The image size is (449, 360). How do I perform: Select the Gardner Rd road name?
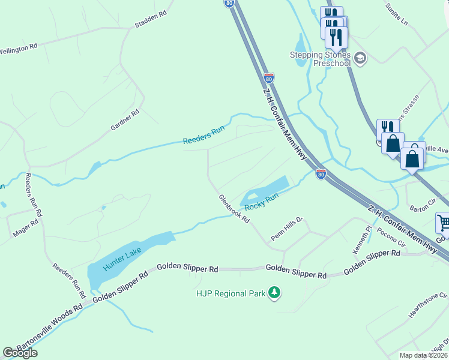coord(125,120)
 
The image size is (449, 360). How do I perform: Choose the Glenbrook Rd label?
coord(234,209)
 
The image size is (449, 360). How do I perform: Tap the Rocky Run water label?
coord(263,204)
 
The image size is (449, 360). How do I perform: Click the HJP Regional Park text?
coord(231,293)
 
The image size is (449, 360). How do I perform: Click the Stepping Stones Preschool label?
coord(320,59)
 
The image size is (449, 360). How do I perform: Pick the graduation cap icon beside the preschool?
coord(360,58)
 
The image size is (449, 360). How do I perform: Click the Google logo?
coord(20,353)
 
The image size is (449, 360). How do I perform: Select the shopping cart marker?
coord(443,223)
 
